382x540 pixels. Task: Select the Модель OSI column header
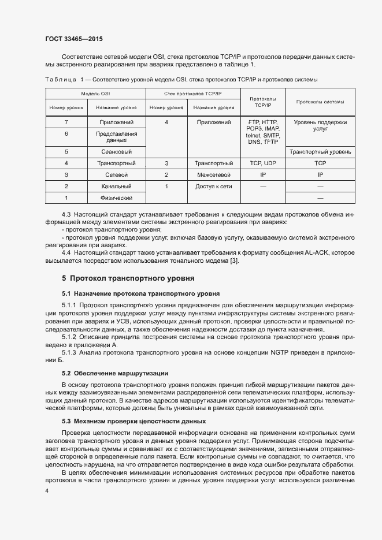pos(95,93)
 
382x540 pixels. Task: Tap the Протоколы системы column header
pos(320,102)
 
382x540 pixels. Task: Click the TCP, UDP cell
pos(262,163)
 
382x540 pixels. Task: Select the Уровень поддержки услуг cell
pos(320,126)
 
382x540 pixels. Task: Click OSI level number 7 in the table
pos(66,122)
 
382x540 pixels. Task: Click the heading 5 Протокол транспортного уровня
pos(124,278)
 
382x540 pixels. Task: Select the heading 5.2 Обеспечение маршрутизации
pos(115,373)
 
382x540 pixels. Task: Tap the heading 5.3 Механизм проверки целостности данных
pos(134,421)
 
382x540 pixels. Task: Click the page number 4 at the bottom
pos(47,490)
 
